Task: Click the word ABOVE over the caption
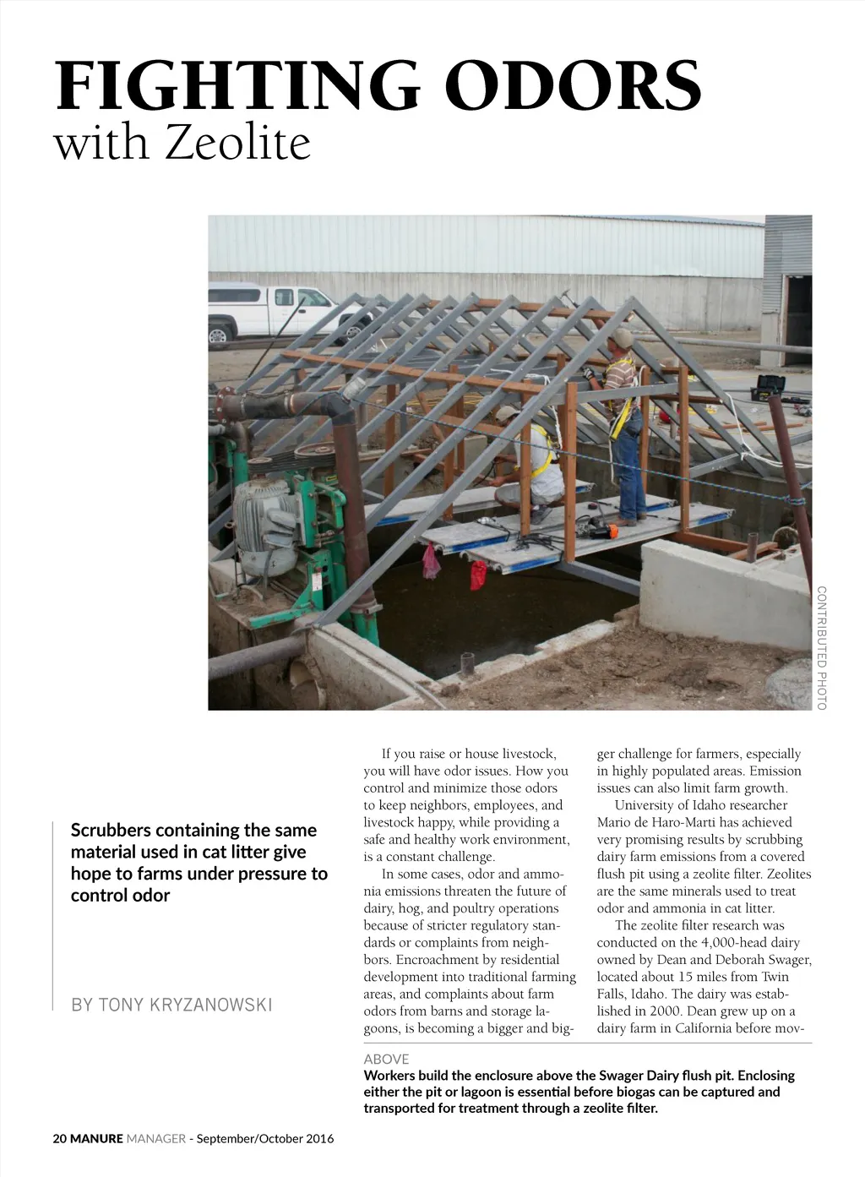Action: pos(386,1059)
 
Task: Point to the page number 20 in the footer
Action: pos(59,1138)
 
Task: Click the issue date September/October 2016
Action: pos(265,1138)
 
